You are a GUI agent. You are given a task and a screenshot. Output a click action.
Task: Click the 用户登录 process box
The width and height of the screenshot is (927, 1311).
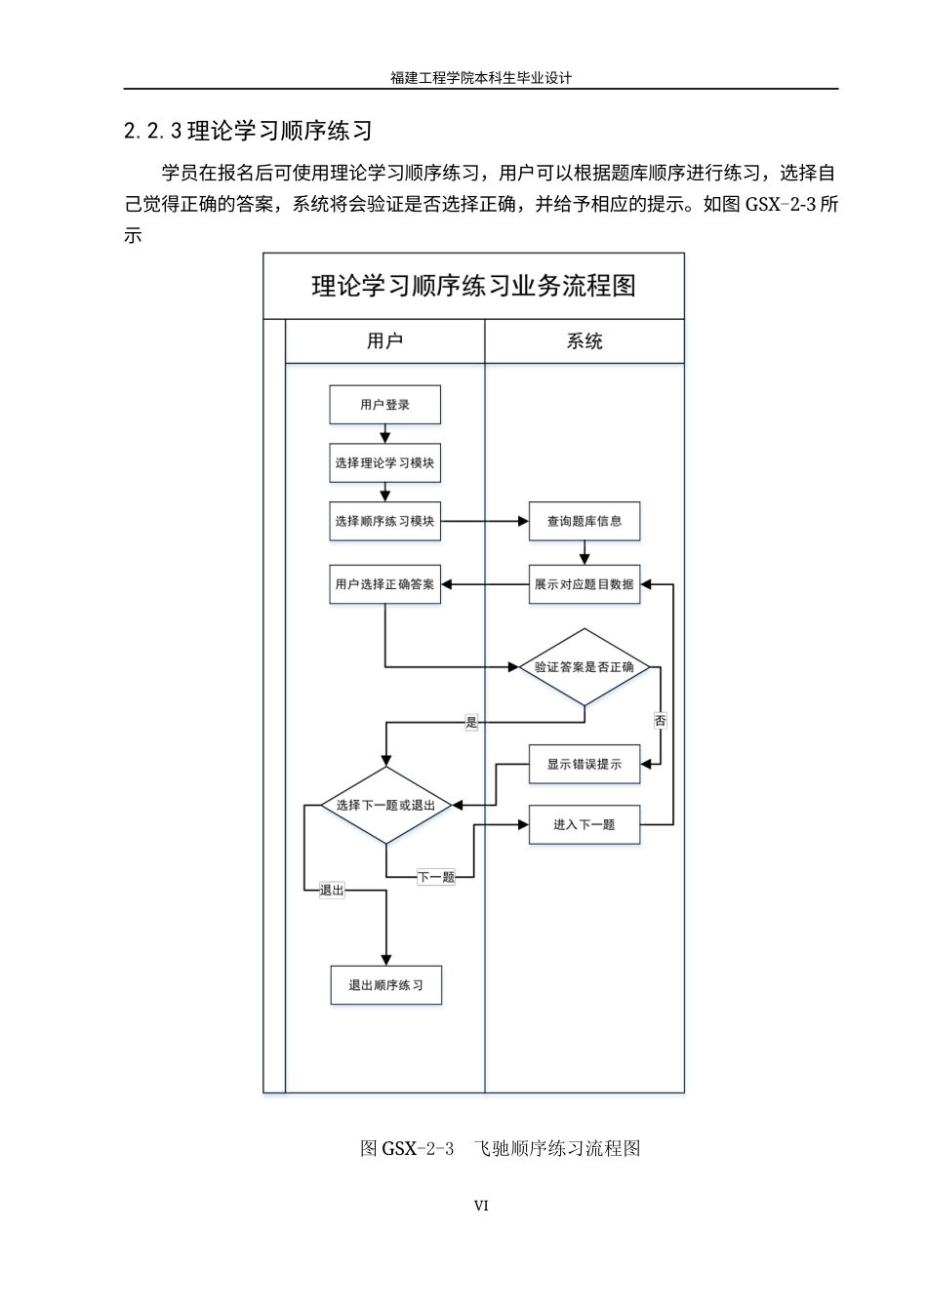point(384,405)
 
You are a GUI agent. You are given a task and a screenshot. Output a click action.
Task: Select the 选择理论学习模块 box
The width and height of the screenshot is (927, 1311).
point(384,463)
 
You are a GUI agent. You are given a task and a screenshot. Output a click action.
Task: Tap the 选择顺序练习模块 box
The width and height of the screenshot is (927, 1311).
point(384,521)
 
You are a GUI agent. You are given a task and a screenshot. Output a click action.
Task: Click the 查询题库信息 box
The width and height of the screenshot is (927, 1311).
point(584,521)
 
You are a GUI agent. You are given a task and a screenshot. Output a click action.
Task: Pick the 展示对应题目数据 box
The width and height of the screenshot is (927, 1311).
point(584,584)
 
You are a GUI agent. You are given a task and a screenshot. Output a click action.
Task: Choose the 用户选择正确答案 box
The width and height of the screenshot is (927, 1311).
point(384,584)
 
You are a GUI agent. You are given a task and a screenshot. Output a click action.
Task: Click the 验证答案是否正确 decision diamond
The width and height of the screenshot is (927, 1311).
point(584,667)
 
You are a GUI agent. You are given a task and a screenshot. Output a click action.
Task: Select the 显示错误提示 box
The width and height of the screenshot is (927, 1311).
point(584,764)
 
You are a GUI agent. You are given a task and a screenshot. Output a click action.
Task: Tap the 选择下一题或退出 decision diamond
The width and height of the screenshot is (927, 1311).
point(385,806)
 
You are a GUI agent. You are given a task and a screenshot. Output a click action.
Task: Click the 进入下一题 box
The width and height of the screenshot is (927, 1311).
point(584,824)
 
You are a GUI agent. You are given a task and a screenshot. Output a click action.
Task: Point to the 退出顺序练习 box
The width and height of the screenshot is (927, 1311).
point(385,985)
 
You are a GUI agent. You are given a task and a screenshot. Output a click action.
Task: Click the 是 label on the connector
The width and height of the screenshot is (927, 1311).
point(472,723)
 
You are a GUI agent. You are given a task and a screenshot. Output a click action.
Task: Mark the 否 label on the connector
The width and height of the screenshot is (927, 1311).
point(661,721)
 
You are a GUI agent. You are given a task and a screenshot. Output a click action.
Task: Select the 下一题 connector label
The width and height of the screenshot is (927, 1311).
point(436,877)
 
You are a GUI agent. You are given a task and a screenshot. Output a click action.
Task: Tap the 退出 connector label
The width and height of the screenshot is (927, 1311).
point(332,890)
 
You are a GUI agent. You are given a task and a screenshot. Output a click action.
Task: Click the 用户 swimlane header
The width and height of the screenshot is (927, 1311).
point(384,341)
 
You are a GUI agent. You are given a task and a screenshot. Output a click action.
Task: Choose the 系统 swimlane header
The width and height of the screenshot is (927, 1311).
point(584,341)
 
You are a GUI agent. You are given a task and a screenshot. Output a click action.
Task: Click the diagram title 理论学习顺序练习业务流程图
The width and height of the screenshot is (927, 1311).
point(473,286)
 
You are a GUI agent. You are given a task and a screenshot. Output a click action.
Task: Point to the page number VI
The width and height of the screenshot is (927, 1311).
point(481,1206)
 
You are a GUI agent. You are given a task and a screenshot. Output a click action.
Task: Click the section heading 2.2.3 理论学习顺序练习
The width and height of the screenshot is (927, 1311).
point(248,131)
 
